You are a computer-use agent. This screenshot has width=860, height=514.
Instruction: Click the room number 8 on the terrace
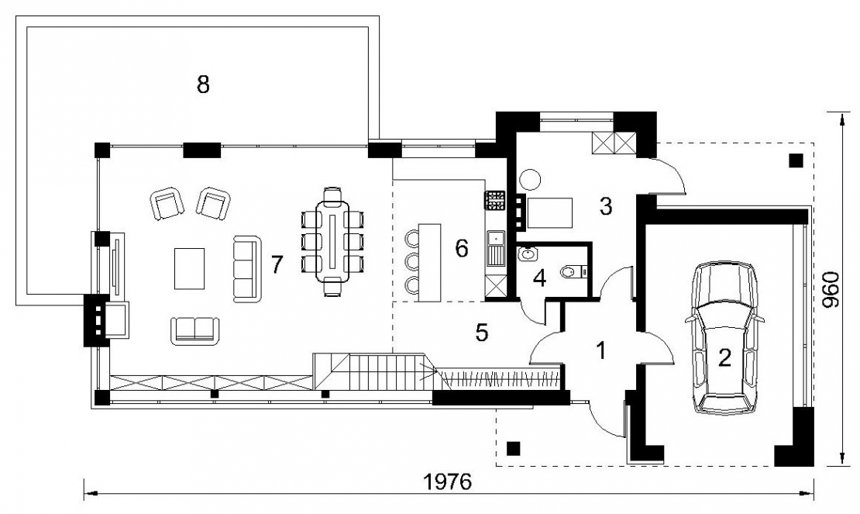[x=203, y=85]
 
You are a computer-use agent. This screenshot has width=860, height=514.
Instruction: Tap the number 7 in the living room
[x=277, y=265]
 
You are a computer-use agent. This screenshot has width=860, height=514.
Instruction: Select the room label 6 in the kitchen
[x=462, y=249]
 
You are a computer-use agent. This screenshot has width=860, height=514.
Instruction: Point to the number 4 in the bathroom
[x=540, y=278]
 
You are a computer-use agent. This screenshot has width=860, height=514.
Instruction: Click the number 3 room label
[x=606, y=206]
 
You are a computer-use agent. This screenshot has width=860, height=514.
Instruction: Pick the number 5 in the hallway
[x=482, y=333]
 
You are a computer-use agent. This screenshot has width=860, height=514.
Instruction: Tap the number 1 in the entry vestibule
[x=602, y=350]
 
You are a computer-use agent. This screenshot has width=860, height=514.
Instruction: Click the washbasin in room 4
[x=528, y=254]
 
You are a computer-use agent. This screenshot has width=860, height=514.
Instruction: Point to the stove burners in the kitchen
[x=494, y=200]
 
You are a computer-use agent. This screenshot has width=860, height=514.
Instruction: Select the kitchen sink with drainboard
[x=495, y=249]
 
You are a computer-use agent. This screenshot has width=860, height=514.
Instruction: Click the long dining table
[x=333, y=241]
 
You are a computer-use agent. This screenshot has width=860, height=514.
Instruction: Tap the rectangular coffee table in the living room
[x=190, y=268]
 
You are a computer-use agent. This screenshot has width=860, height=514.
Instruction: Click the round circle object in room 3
[x=531, y=179]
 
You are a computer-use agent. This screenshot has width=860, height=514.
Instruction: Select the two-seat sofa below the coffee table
[x=195, y=331]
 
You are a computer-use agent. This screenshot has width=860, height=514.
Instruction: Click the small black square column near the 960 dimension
[x=796, y=160]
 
